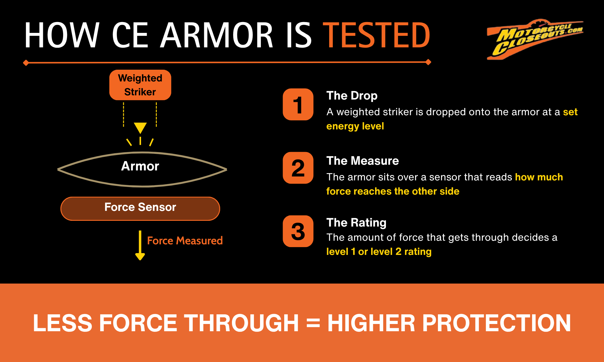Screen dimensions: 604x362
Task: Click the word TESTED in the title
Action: tap(377, 35)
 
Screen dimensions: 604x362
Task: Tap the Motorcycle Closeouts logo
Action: tap(535, 39)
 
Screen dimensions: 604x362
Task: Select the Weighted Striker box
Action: tap(140, 85)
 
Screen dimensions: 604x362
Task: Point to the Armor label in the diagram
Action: tap(140, 166)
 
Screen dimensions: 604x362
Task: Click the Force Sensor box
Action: tap(140, 208)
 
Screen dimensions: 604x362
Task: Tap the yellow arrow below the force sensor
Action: tap(140, 245)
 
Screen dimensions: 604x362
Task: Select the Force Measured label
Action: tap(185, 241)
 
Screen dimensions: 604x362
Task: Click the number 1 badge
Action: tap(298, 104)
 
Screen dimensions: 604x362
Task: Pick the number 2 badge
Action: tap(298, 168)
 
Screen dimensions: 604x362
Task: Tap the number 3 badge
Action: tap(298, 231)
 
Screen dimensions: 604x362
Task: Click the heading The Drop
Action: tap(352, 96)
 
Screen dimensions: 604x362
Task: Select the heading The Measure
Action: tap(363, 161)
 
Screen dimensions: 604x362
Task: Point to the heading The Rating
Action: tap(356, 223)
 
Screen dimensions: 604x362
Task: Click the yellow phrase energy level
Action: tap(355, 126)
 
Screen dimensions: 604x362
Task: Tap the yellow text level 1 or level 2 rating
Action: tap(379, 252)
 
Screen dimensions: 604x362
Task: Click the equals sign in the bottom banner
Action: tap(313, 323)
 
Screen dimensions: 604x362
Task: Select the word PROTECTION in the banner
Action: tap(496, 323)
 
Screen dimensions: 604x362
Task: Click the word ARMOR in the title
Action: tap(217, 35)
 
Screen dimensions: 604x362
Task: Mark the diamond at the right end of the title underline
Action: tap(428, 62)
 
